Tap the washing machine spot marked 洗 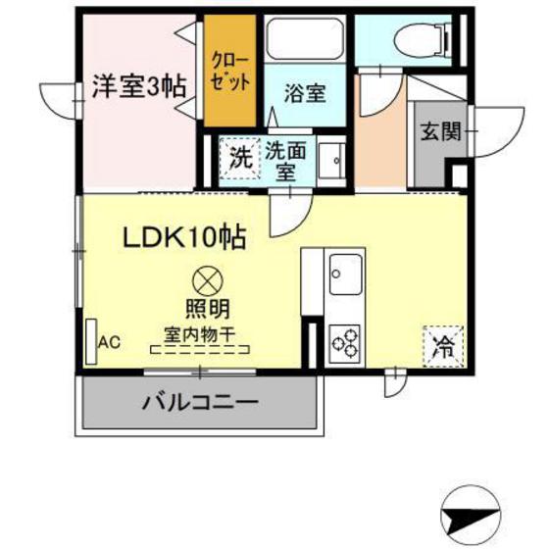239,158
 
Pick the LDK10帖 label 183,237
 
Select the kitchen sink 346,272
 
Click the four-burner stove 345,342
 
